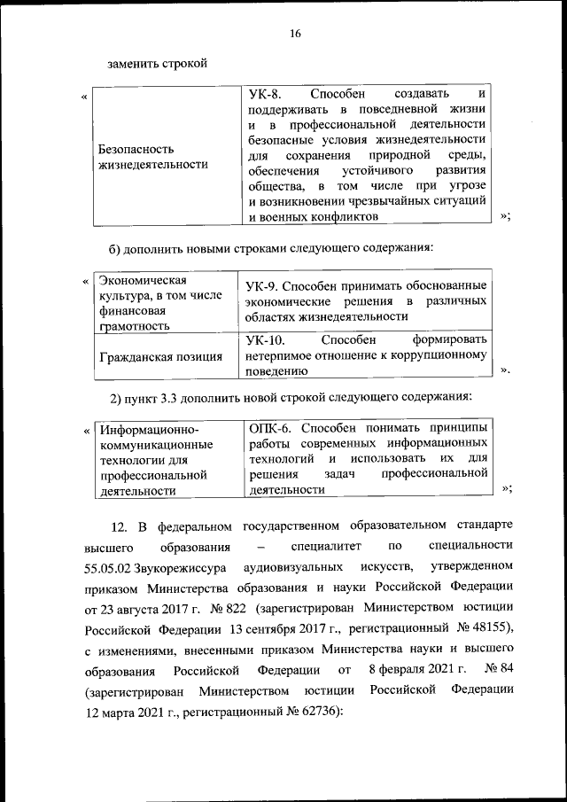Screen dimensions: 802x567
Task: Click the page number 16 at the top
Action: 295,34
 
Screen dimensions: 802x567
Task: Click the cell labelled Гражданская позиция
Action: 160,357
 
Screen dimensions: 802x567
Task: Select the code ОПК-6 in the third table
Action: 269,427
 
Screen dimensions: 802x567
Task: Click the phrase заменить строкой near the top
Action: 157,63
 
